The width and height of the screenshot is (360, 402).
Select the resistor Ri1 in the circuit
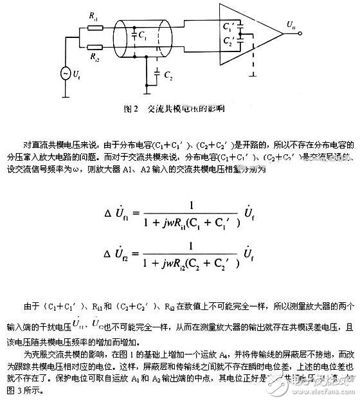click(x=94, y=29)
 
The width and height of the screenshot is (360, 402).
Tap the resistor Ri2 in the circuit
click(x=94, y=46)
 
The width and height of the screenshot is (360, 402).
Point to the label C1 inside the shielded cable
click(x=141, y=36)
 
